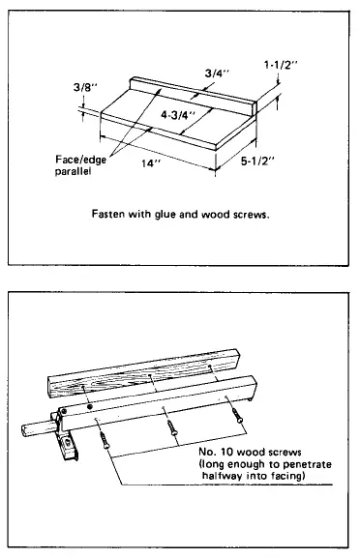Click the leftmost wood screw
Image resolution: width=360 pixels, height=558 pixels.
(x=102, y=437)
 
